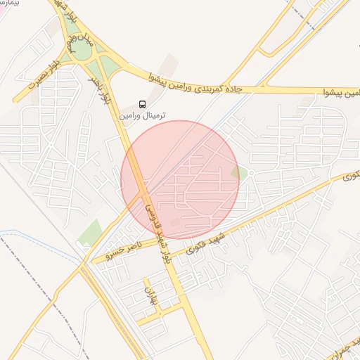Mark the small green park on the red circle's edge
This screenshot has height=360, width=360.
point(238,172)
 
